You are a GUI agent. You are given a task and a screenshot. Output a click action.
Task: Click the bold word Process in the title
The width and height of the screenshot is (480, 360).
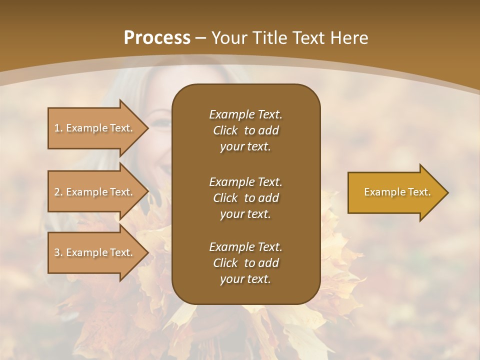157,38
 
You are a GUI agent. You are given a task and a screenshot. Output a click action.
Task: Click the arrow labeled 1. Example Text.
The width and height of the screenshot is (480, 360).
95,128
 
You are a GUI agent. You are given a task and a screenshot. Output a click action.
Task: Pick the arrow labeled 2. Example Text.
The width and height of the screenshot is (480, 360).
95,192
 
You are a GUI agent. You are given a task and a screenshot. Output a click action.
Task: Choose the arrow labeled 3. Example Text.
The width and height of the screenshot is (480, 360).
95,252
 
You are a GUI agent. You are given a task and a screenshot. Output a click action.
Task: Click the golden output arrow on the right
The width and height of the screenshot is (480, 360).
395,192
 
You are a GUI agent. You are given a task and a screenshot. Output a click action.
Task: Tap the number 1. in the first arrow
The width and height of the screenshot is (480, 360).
58,128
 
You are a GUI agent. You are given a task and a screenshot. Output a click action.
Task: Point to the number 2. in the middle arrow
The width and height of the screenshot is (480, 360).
58,192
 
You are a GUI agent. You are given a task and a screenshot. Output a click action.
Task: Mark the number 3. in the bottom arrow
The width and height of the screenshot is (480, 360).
58,252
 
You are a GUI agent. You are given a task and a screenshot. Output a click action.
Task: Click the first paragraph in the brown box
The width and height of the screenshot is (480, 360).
245,130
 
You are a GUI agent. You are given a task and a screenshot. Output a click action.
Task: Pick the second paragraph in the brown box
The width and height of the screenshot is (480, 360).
245,197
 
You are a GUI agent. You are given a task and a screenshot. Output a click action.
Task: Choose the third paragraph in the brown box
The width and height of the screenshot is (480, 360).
245,263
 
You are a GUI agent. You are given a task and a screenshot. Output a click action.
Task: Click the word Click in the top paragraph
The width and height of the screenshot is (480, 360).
225,130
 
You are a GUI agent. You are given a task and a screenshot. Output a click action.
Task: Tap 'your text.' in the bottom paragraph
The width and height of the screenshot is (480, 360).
245,279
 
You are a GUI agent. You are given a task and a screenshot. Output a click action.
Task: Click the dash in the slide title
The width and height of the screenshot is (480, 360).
201,38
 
